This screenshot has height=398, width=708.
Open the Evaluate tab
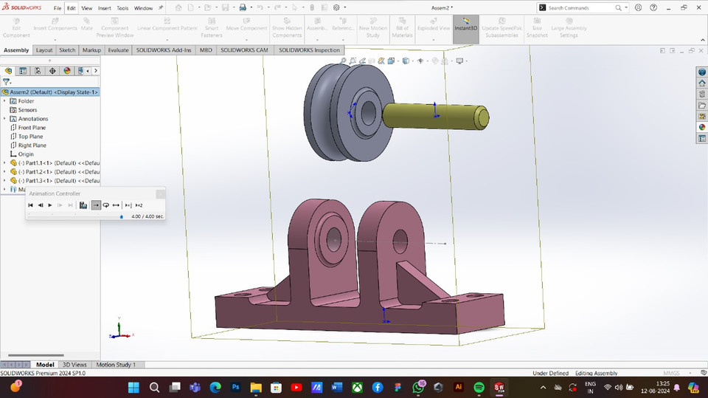pos(118,50)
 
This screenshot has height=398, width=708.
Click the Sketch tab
pos(67,50)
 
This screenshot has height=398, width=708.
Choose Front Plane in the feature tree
pos(32,128)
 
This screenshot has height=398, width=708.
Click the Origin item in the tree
pos(26,154)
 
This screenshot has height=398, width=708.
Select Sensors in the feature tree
pos(27,110)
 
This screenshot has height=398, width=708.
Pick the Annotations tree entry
pos(33,119)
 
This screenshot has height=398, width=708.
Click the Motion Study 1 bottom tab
pos(116,365)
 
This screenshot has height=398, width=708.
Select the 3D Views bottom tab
pos(74,365)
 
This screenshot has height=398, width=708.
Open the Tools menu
pos(122,8)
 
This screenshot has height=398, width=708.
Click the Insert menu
pos(105,8)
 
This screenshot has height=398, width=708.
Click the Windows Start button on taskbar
pos(133,387)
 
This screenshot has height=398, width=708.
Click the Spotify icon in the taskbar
pos(479,387)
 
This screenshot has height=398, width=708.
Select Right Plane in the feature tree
pos(32,145)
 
